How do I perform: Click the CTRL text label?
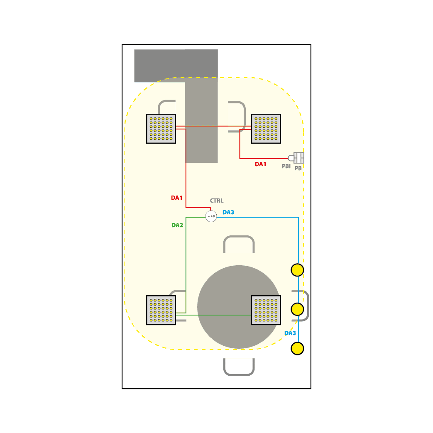[x=217, y=201]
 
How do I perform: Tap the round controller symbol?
[x=211, y=216]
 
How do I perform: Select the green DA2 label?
[x=177, y=225]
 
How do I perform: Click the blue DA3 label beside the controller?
[x=228, y=213]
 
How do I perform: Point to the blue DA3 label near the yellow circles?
[x=290, y=333]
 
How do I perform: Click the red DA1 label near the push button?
[x=260, y=164]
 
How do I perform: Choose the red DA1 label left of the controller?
[x=177, y=198]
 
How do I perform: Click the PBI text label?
[x=286, y=166]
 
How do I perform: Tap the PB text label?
[x=298, y=168]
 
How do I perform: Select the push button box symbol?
[x=299, y=158]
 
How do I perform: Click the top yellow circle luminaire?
[x=297, y=270]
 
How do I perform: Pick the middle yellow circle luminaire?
[x=297, y=309]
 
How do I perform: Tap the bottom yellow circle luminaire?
[x=297, y=348]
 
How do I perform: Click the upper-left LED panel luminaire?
[x=161, y=129]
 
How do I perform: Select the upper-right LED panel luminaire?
[x=266, y=129]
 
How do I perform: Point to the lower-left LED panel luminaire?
[x=161, y=310]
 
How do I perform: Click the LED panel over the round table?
[x=266, y=310]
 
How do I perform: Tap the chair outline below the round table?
[x=239, y=375]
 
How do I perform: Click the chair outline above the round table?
[x=239, y=237]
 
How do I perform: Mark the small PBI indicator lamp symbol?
[x=291, y=158]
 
